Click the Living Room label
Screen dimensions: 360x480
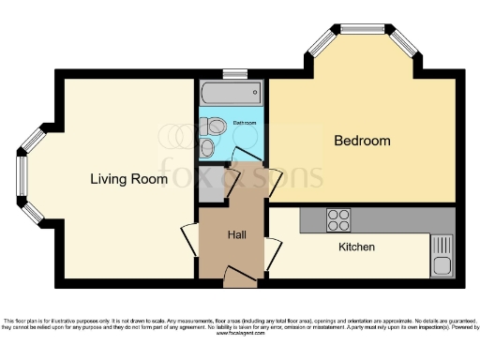point(128,178)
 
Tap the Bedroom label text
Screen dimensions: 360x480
point(362,142)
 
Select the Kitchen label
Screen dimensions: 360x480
point(356,247)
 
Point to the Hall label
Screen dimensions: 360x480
point(237,234)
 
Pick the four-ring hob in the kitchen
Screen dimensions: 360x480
point(337,220)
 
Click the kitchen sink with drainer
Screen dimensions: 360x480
point(442,254)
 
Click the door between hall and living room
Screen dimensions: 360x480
point(190,235)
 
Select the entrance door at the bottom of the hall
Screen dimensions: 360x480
point(236,273)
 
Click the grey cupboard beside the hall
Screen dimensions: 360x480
point(213,184)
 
